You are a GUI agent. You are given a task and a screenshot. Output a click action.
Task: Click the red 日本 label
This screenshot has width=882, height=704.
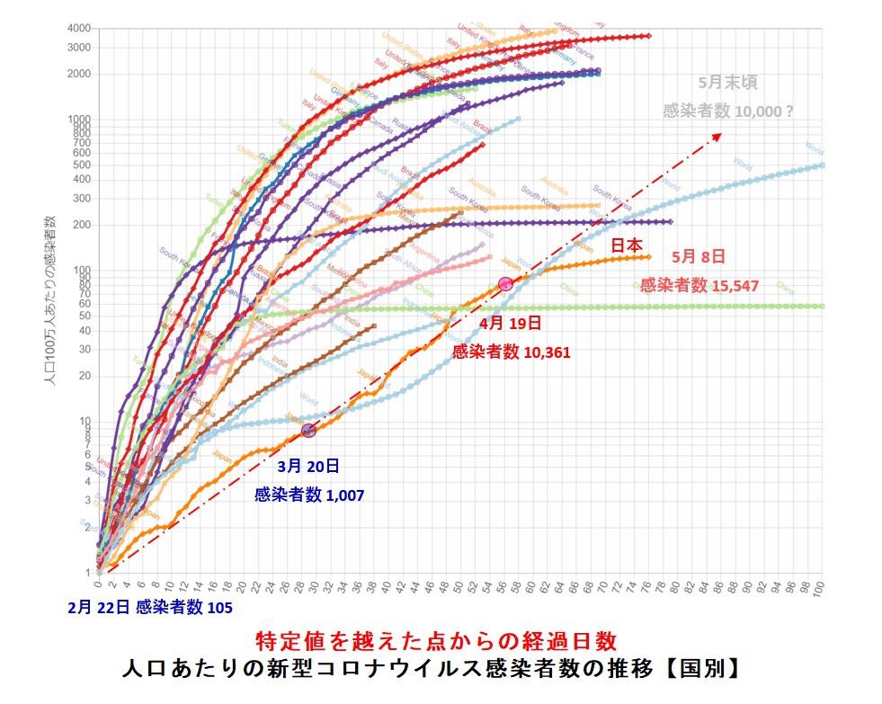627,245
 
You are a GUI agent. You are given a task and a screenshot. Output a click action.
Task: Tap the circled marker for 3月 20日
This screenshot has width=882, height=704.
308,430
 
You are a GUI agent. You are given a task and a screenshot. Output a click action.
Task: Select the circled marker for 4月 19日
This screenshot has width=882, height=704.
505,284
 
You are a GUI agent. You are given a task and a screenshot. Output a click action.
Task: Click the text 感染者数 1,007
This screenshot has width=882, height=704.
309,495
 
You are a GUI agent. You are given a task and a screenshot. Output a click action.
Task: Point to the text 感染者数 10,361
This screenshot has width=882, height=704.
512,352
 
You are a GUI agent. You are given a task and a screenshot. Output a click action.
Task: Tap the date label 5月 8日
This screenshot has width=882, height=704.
698,256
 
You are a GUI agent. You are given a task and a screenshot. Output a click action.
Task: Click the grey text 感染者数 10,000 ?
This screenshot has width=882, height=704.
727,111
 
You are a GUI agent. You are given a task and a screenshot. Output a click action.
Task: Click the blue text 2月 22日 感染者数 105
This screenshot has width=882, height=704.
149,607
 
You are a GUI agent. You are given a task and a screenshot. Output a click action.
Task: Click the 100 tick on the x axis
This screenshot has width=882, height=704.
819,589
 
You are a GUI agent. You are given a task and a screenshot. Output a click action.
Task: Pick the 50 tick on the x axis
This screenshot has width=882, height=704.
459,589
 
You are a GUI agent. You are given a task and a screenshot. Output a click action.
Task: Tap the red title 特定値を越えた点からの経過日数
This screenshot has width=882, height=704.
436,641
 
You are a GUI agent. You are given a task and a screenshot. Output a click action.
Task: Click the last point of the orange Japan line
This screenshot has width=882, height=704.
647,257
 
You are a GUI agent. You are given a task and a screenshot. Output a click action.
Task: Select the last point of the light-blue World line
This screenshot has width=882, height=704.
823,165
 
